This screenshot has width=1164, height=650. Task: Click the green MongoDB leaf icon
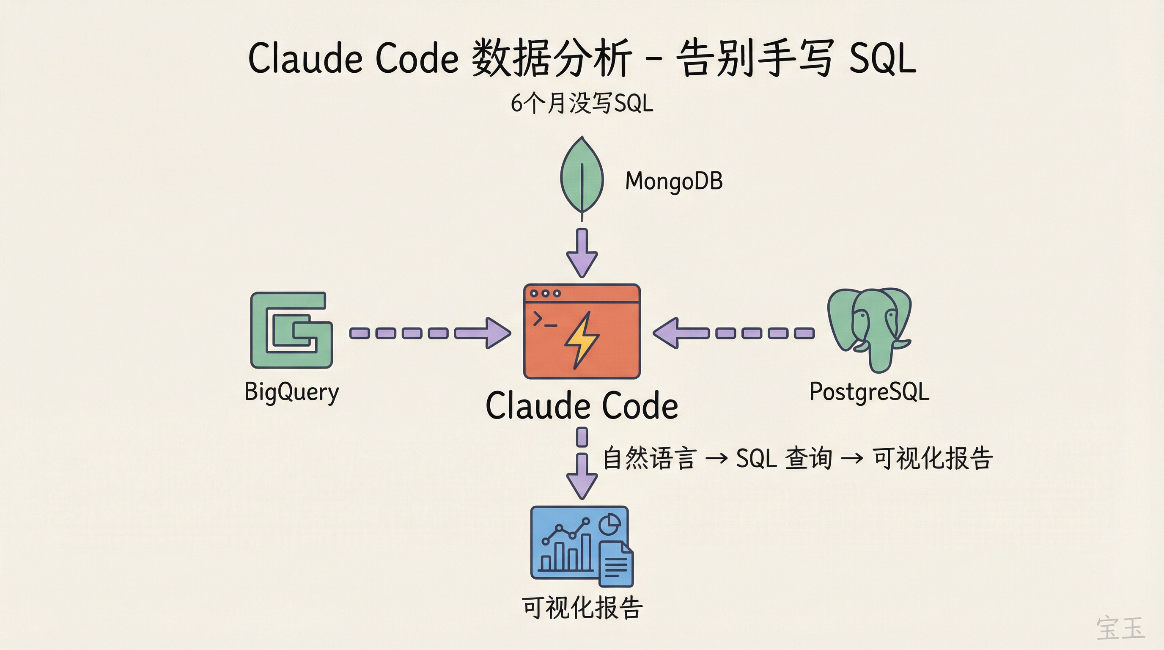pyautogui.click(x=582, y=176)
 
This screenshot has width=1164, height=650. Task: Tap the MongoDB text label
pyautogui.click(x=674, y=181)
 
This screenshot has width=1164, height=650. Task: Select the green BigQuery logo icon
pyautogui.click(x=291, y=330)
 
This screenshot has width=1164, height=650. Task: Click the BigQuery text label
pyautogui.click(x=291, y=392)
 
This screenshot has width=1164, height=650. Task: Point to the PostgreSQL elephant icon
pyautogui.click(x=869, y=328)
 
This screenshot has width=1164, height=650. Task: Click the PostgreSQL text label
pyautogui.click(x=869, y=391)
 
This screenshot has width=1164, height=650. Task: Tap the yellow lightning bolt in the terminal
pyautogui.click(x=582, y=339)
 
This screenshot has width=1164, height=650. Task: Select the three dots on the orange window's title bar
pyautogui.click(x=545, y=293)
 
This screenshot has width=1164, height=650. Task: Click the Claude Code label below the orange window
pyautogui.click(x=582, y=406)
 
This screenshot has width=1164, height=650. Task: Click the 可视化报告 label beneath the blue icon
pyautogui.click(x=582, y=607)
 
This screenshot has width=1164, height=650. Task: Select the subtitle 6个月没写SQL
pyautogui.click(x=582, y=104)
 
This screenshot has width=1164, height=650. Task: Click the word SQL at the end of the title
pyautogui.click(x=882, y=59)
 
